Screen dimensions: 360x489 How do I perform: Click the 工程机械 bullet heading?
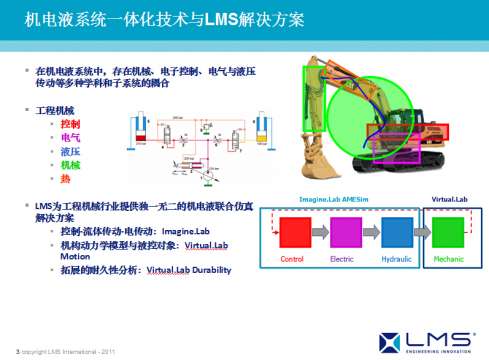coord(55,108)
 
